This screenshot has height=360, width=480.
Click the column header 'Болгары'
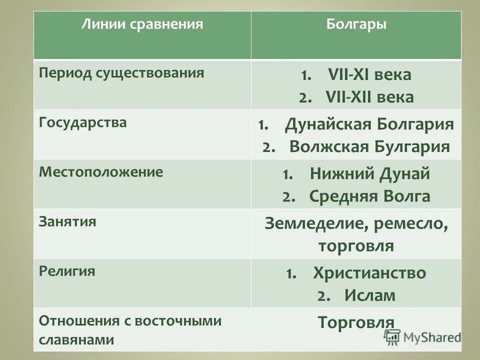coord(356,25)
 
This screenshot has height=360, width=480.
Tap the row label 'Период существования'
coord(121,72)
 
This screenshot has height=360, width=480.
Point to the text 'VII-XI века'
coord(369,75)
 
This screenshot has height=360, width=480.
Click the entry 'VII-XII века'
coord(369,97)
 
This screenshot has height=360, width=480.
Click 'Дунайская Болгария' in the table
coord(369,124)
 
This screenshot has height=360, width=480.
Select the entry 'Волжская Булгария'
coord(369,146)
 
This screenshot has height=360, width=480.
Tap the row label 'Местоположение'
coord(101,172)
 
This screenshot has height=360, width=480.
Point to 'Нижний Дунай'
coord(369,174)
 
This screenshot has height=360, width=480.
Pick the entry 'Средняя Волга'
coord(369,196)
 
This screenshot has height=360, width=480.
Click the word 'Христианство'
coord(369,273)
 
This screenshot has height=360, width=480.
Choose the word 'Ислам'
coord(369,295)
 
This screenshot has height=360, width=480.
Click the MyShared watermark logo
coord(423,336)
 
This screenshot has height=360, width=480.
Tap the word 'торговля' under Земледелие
coord(356,246)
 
